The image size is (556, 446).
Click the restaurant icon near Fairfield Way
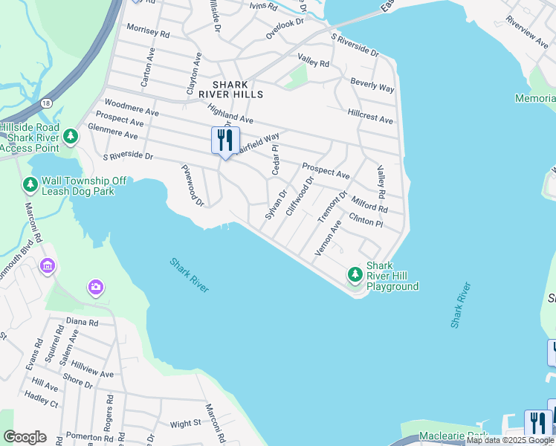[x=225, y=140]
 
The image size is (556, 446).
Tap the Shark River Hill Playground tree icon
[x=355, y=276]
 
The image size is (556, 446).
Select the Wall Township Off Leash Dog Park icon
[x=30, y=184]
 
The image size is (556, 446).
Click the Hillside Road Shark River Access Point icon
[x=70, y=136]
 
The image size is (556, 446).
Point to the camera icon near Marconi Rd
[x=95, y=287]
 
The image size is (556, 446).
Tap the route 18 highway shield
[x=46, y=104]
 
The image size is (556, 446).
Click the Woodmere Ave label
[x=132, y=107]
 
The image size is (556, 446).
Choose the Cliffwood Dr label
[x=300, y=195]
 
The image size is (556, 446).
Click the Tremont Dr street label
[x=332, y=207]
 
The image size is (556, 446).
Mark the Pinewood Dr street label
[x=193, y=187]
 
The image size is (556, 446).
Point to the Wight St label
[x=185, y=424]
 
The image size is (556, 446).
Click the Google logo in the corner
[x=25, y=437]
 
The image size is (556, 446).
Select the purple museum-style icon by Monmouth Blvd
[x=48, y=265]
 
